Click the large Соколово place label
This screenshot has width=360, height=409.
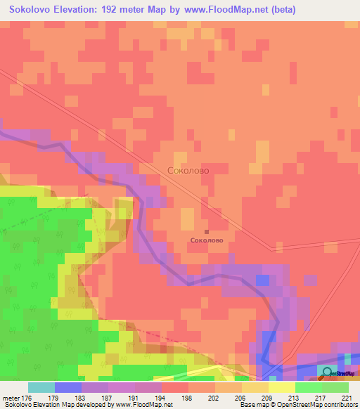[x=188, y=170]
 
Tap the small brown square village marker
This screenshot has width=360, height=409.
[x=207, y=231]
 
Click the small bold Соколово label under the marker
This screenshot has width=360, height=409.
[x=206, y=240]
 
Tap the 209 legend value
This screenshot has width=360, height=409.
[x=267, y=397]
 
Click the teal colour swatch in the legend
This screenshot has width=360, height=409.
[x=41, y=387]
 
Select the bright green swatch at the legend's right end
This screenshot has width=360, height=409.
[x=335, y=387]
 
